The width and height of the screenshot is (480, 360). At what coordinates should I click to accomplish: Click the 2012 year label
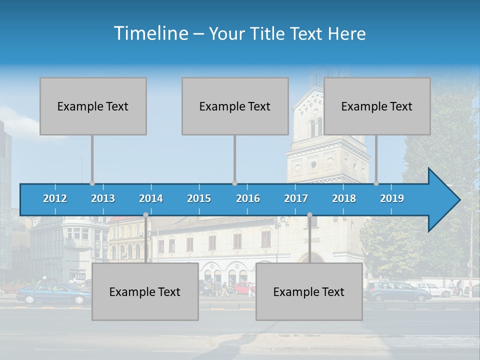(x=55, y=198)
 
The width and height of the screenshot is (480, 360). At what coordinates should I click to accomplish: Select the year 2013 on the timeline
(x=103, y=198)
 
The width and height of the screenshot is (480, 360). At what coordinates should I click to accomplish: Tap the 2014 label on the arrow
(x=151, y=198)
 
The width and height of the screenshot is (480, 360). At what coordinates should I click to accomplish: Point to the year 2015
(x=199, y=198)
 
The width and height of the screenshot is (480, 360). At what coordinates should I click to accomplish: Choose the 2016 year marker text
(x=248, y=198)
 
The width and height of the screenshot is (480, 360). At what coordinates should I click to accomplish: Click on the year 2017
(x=296, y=198)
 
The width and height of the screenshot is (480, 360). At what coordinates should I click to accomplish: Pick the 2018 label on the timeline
(x=344, y=198)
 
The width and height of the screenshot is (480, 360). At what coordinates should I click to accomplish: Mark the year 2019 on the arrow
(x=392, y=198)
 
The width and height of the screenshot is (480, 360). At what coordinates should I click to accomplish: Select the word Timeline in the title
(x=150, y=33)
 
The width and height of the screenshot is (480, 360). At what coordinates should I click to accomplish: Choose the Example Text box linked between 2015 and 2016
(x=235, y=106)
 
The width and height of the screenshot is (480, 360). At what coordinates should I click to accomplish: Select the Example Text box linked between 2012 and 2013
(x=93, y=106)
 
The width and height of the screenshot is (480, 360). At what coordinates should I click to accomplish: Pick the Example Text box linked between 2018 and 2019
(x=377, y=106)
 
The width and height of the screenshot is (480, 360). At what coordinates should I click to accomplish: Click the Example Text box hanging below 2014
(x=145, y=291)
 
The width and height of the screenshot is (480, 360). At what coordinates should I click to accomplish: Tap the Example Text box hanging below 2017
(x=309, y=291)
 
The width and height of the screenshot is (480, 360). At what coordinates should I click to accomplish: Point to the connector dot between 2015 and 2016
(x=235, y=183)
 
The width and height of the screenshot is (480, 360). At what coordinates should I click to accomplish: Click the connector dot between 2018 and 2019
(x=376, y=183)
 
